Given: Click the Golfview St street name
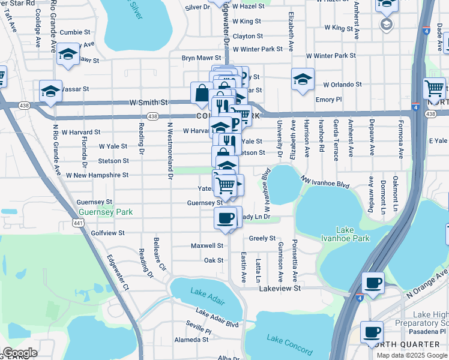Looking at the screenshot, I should (x=107, y=232).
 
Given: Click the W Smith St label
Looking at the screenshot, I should (x=148, y=103).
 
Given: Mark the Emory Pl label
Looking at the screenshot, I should (x=328, y=100).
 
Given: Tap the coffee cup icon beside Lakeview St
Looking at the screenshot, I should (x=373, y=283).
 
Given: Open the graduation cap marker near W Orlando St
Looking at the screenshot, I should (x=303, y=79).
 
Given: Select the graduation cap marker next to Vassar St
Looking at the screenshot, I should (x=50, y=92).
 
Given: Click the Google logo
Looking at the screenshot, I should (x=20, y=353).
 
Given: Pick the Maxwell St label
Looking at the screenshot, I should (x=207, y=245).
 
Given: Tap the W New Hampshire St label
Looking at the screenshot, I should (x=97, y=175).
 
